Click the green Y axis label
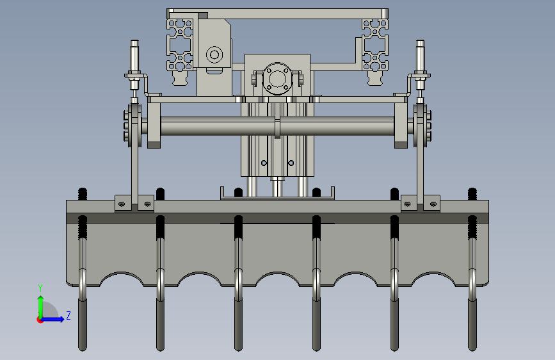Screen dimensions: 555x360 tap(40, 288)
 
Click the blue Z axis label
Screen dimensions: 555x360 tap(68, 315)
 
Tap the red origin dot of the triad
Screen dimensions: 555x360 tap(40, 320)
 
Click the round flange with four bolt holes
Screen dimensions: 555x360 tap(277, 78)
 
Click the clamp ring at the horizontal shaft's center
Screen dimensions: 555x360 tap(278, 126)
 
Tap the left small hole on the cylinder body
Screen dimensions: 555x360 tap(264, 163)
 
